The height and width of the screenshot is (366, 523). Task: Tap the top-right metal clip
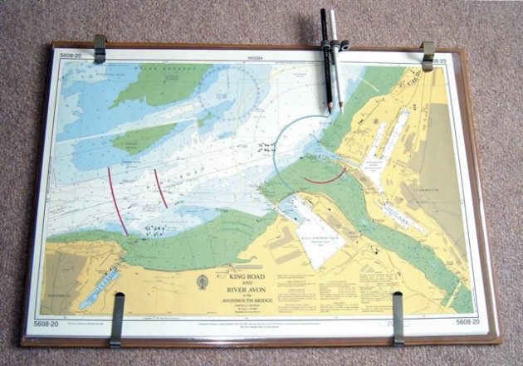pos(428,55)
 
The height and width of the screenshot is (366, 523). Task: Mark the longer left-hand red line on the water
pos(118,201)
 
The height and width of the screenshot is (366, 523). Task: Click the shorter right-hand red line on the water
pos(160,188)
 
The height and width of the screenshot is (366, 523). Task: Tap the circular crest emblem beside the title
pos(202,281)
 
